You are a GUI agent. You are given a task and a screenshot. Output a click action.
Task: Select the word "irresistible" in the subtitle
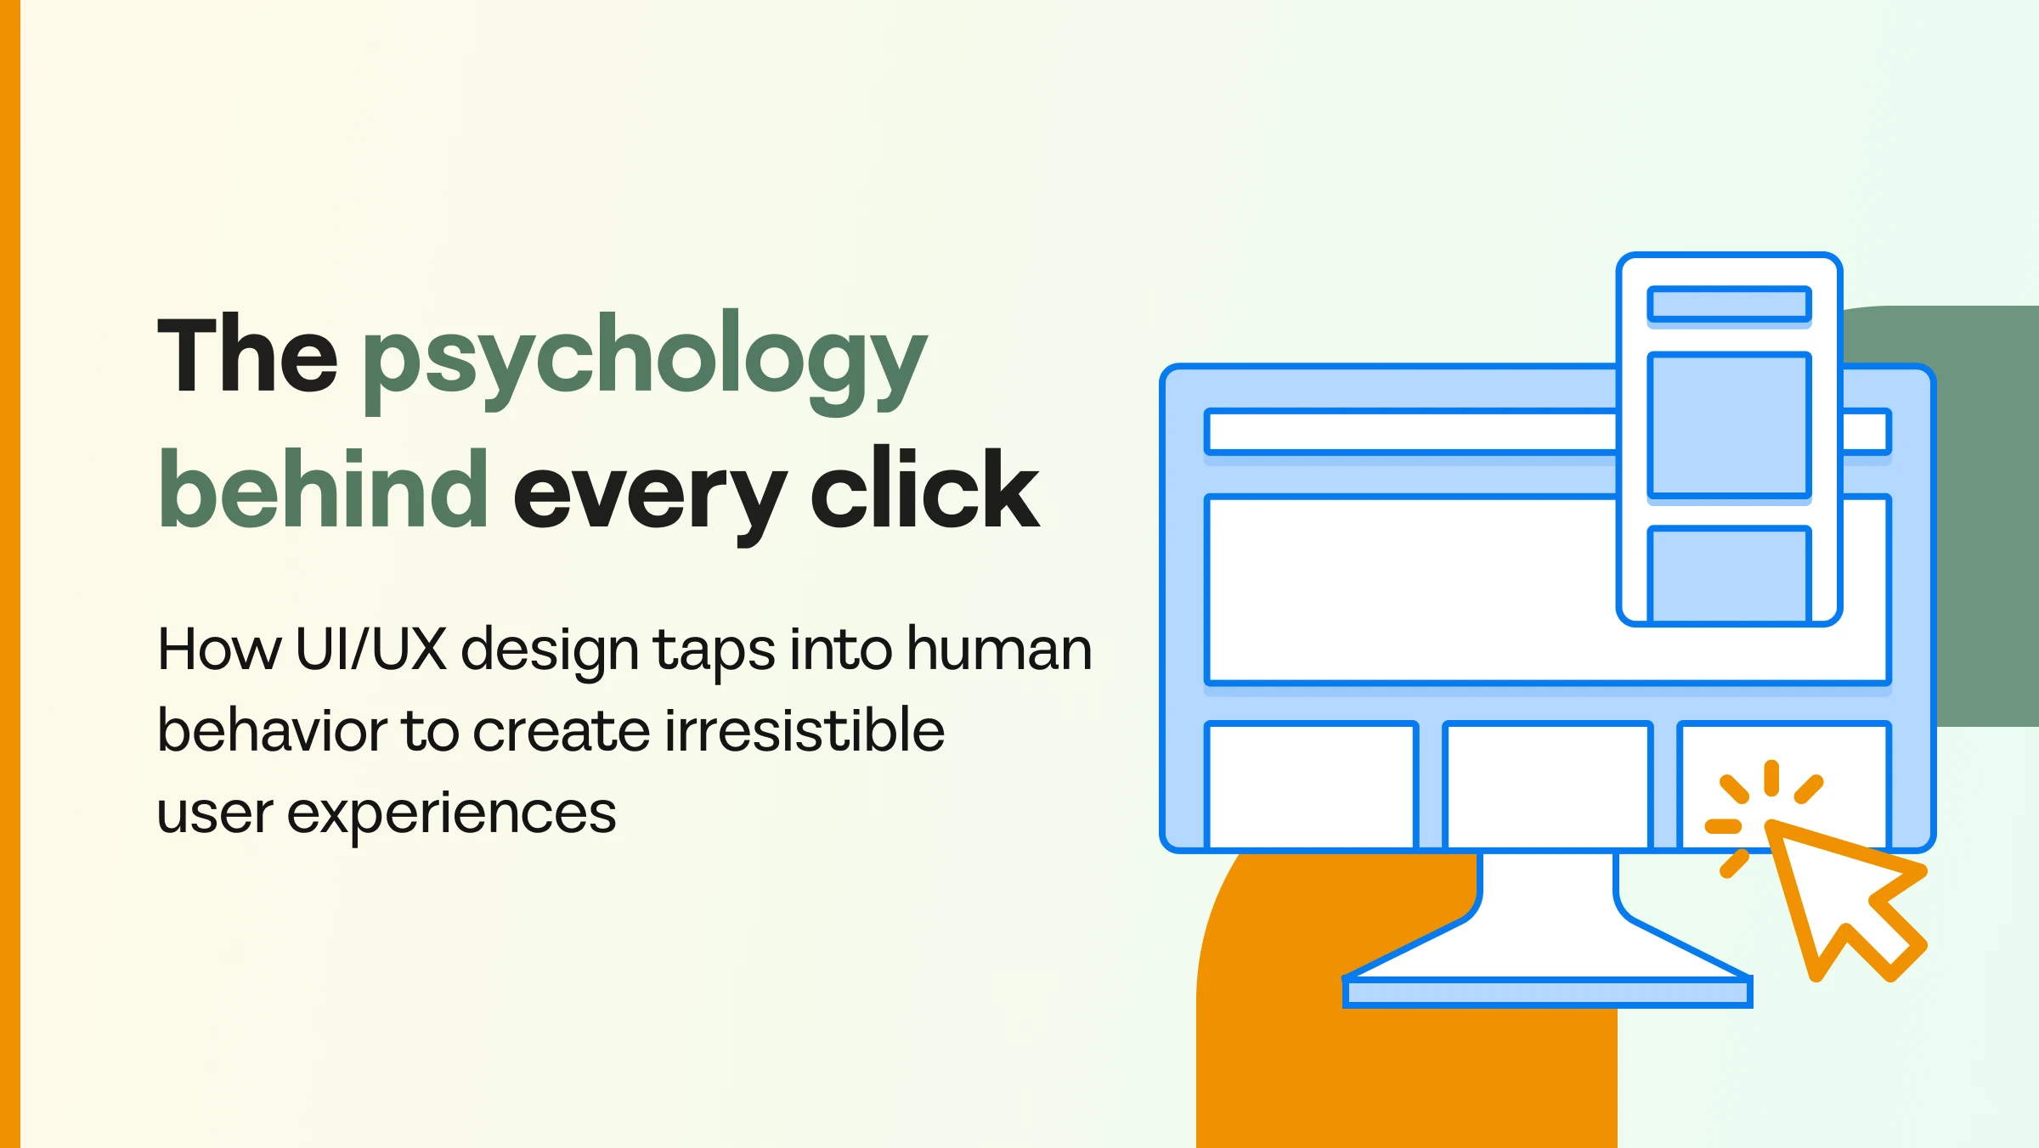[x=805, y=730]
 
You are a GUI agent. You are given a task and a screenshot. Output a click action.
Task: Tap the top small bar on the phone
[x=1730, y=304]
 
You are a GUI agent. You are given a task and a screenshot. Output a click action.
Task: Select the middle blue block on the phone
[x=1730, y=425]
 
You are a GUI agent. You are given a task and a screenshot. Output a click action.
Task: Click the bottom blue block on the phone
[x=1730, y=575]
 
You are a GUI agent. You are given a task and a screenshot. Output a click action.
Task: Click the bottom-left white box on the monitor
[x=1312, y=785]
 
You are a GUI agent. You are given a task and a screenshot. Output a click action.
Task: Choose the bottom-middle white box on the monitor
[x=1548, y=785]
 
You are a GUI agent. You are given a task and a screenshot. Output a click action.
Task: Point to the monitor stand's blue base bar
[x=1548, y=993]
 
